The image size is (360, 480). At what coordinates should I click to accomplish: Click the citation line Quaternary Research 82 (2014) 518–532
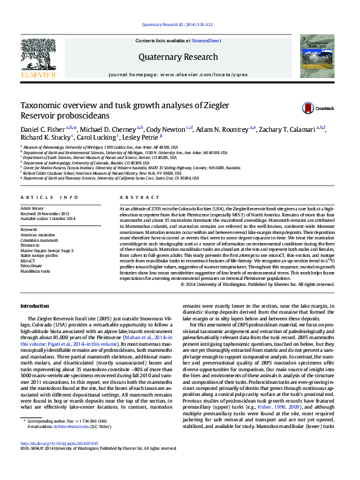(x=180, y=24)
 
